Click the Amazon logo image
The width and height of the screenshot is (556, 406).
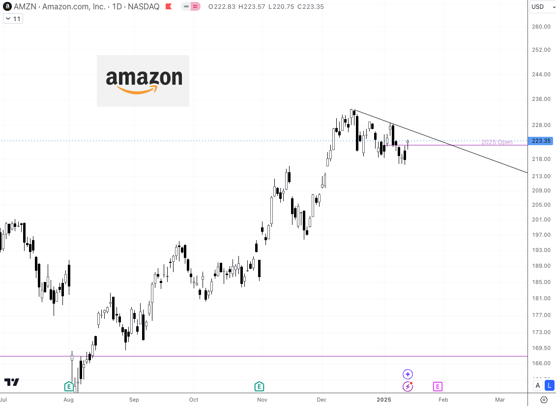point(143,81)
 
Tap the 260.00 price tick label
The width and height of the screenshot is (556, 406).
point(541,27)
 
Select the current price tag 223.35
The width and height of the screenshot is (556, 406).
point(541,141)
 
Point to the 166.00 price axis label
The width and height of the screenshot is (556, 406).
point(541,363)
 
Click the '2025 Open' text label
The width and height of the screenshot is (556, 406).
point(497,142)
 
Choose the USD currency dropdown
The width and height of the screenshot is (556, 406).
point(541,7)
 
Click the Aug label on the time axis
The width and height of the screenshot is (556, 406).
point(69,400)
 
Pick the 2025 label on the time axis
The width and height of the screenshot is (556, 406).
point(384,400)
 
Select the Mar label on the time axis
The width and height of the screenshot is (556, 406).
point(500,400)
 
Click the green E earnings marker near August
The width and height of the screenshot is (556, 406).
point(69,386)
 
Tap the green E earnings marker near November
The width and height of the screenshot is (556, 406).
point(259,386)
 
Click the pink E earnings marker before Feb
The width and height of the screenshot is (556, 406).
point(438,386)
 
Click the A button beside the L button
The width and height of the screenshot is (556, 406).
point(538,385)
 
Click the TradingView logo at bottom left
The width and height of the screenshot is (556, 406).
point(11,382)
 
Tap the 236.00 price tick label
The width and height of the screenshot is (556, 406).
point(541,99)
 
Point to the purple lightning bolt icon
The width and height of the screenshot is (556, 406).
point(408,386)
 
